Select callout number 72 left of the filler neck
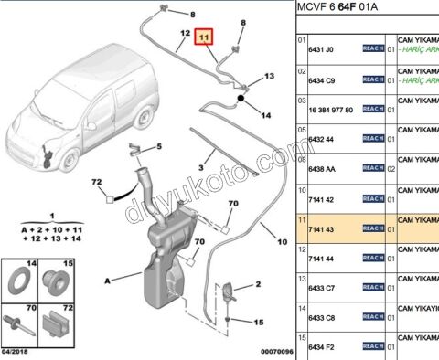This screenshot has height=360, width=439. coord(95,185)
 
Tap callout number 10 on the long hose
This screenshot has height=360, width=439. coord(282,242)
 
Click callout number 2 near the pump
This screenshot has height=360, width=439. coord(259,286)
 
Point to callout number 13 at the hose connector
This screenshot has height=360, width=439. coord(270,77)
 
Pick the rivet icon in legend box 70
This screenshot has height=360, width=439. coord(21,324)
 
